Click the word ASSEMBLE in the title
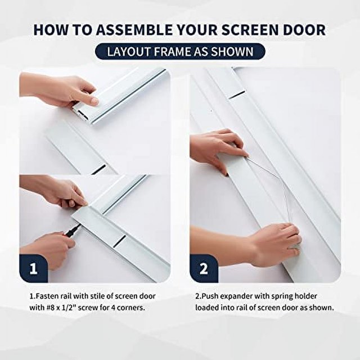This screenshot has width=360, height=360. coord(132,29)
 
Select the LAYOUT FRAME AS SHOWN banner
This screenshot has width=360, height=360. coord(179,52)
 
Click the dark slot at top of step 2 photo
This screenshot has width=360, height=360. coord(236,94)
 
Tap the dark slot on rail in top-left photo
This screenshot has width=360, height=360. coord(98,168)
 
